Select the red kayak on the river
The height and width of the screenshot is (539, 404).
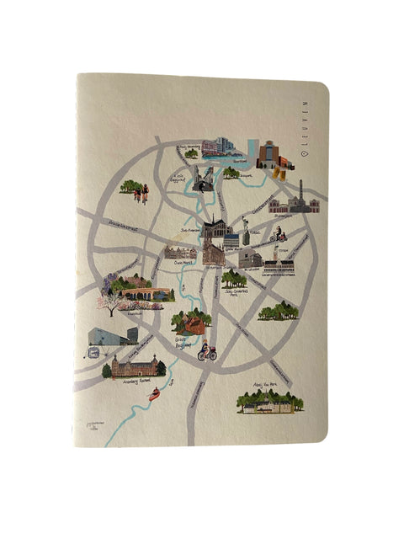click(x=155, y=393)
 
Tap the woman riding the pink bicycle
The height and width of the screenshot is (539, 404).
click(x=207, y=350)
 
